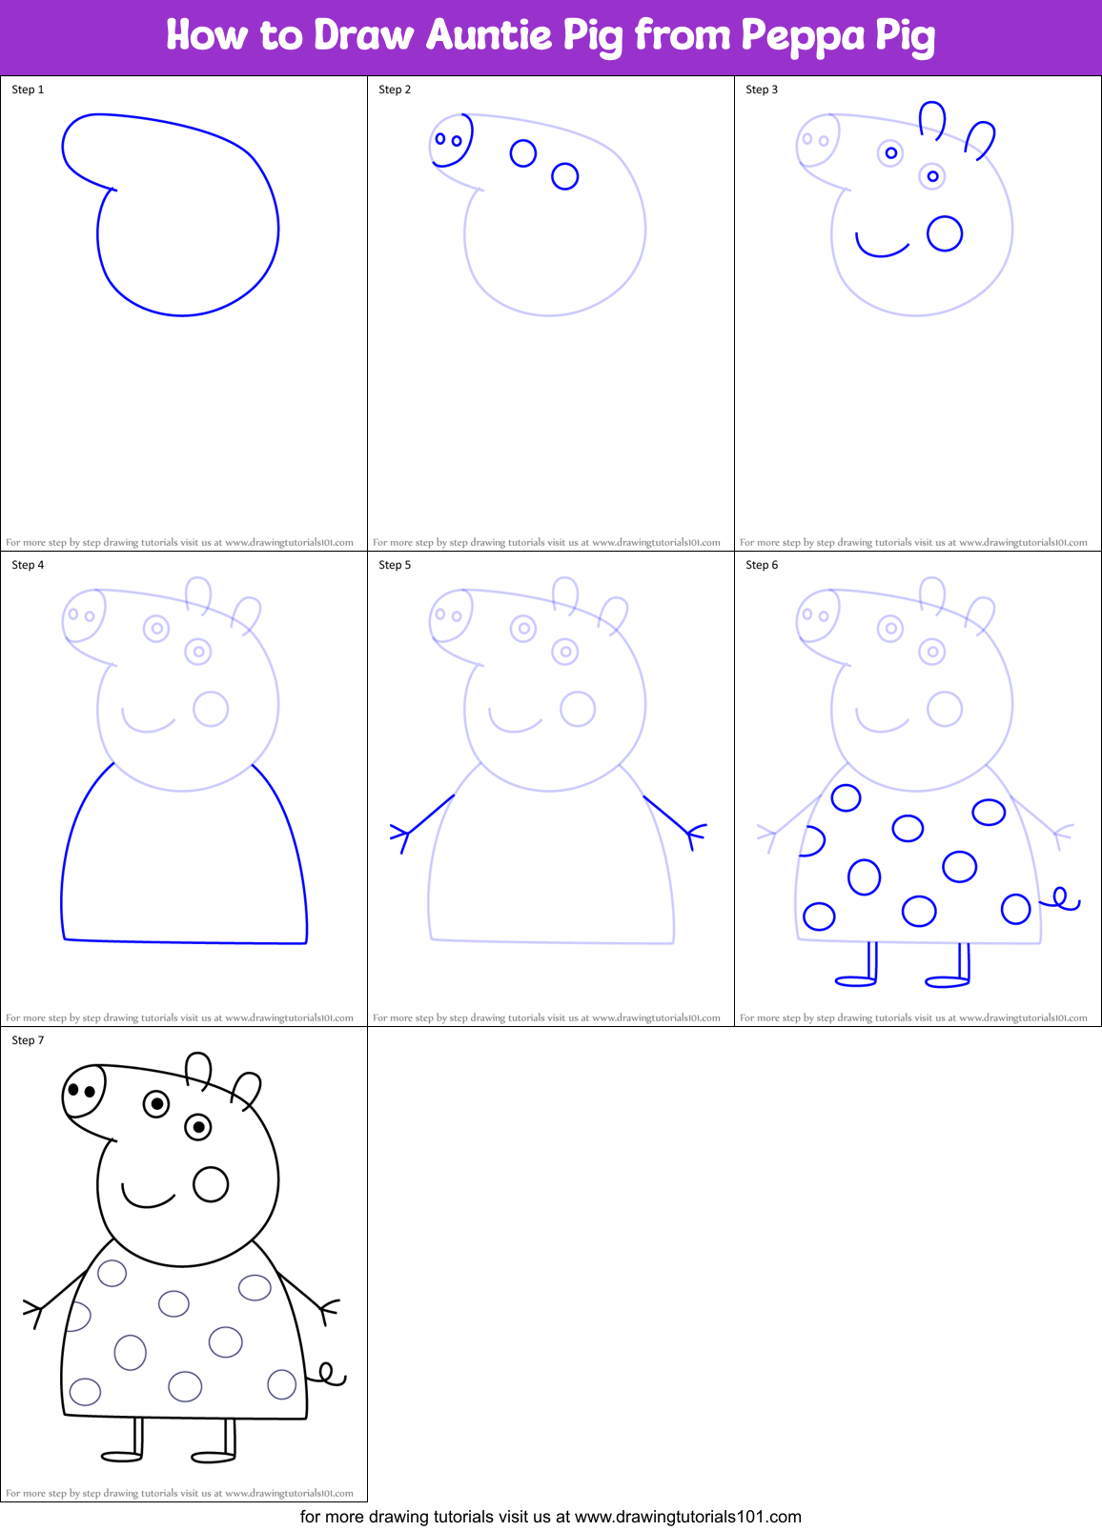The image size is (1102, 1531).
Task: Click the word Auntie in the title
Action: [x=488, y=35]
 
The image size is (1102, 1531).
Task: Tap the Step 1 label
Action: [x=28, y=90]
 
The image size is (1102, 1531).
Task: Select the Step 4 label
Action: [x=28, y=565]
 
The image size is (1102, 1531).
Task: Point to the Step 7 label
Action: [x=28, y=1040]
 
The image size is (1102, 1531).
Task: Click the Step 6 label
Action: [x=762, y=565]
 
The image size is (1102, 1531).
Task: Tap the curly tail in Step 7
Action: [x=329, y=1375]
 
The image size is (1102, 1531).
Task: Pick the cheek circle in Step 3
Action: [x=945, y=233]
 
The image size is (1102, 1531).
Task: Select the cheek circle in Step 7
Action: [x=211, y=1184]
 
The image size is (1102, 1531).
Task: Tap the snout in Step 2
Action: [x=451, y=140]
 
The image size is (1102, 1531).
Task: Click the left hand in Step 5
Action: [x=401, y=836]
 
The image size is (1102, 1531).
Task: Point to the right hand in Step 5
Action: [x=694, y=835]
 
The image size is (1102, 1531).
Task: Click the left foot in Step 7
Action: [x=121, y=1456]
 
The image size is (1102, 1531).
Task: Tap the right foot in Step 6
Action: [x=947, y=981]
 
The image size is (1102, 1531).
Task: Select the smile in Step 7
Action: [x=147, y=1198]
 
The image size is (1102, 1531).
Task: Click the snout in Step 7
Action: [x=83, y=1091]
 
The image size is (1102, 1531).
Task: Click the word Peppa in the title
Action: [x=800, y=35]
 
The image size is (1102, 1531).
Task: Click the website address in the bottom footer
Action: [x=687, y=1517]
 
